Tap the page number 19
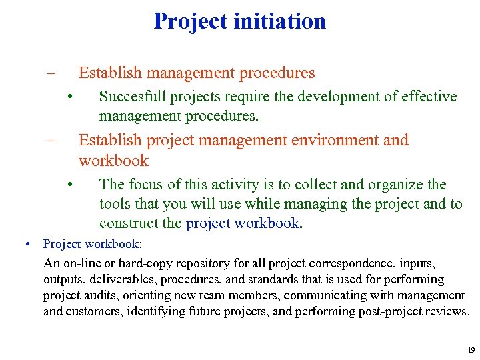click(x=471, y=349)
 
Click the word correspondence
click(x=329, y=263)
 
